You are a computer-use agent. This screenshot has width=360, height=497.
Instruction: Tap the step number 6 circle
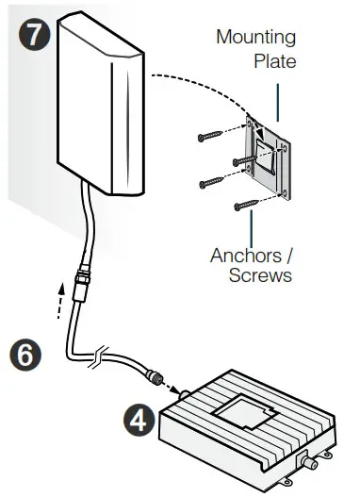[27, 354]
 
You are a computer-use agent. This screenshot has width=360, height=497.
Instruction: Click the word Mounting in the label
[255, 39]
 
